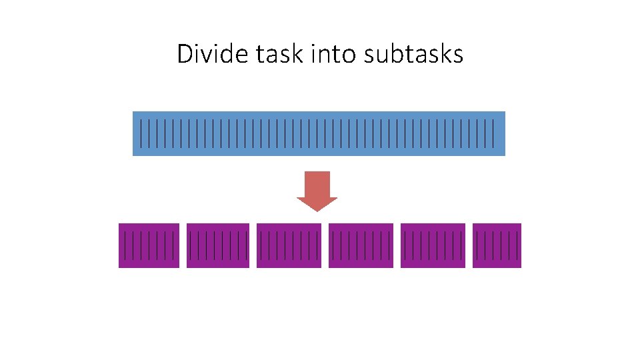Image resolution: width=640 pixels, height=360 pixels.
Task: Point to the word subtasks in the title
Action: pos(413,54)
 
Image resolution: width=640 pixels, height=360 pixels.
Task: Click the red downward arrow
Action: pos(317,191)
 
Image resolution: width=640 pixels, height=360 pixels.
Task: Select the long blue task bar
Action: pos(319,133)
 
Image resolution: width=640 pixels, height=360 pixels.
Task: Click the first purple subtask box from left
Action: pos(149,245)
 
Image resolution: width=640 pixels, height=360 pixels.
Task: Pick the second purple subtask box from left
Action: pos(218,245)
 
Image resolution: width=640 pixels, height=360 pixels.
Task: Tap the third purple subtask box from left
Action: pos(289,245)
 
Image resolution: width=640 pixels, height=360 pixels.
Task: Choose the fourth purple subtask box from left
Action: pos(361,245)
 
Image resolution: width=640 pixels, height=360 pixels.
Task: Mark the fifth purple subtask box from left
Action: pos(432,245)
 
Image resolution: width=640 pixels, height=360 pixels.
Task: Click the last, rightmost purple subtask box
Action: pos(497,245)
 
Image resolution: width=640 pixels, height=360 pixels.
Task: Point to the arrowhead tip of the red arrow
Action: pos(317,210)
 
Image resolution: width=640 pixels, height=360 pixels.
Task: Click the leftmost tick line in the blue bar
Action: pos(141,133)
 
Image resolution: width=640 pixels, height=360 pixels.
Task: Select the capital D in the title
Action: pos(185,54)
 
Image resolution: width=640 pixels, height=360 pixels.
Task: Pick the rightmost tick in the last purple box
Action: pos(517,245)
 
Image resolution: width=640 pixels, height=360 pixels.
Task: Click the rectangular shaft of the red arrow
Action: pos(317,183)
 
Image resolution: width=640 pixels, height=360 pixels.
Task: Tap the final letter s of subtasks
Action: pos(458,55)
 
